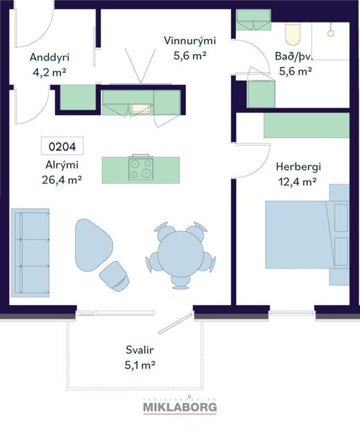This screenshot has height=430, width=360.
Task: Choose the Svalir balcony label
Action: pos(135,349)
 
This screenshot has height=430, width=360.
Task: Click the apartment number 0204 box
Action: pos(62,146)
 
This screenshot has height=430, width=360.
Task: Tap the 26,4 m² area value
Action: pos(62,179)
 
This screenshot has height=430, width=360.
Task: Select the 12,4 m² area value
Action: pos(296,181)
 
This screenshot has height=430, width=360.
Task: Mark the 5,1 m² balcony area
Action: pos(135,363)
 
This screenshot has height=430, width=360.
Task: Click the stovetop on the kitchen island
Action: pos(141,169)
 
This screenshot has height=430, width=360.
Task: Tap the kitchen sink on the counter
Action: pos(142,108)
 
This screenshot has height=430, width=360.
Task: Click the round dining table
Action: pos(180,252)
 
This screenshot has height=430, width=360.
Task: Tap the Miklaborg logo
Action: pos(180,407)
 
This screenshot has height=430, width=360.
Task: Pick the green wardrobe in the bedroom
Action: pos(306,126)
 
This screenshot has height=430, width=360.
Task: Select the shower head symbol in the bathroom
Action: pos(331,33)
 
